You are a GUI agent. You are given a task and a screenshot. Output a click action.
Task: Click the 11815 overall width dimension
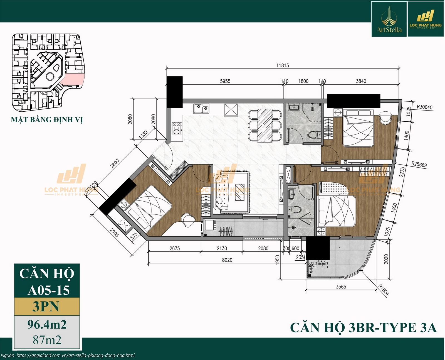[282, 65]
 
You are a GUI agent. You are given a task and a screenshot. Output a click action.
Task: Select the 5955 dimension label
[225, 81]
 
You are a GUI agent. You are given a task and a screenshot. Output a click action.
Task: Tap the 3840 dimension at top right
[361, 81]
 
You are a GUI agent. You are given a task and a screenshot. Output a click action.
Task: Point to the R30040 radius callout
[424, 107]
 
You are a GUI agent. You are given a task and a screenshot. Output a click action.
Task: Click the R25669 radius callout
[419, 165]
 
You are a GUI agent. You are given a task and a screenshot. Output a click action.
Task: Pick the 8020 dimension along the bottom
[227, 260]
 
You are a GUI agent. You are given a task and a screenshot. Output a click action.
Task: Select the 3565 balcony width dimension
[341, 287]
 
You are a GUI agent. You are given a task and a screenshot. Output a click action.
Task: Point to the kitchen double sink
[201, 109]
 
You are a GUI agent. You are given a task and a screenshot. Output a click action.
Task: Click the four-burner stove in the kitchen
[177, 128]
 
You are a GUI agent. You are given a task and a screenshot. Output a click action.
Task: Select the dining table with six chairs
[265, 125]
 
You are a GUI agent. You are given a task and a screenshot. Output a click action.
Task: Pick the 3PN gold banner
[47, 306]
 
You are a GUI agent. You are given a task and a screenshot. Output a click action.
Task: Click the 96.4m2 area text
[47, 325]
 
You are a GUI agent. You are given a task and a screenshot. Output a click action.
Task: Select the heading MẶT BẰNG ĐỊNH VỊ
[47, 120]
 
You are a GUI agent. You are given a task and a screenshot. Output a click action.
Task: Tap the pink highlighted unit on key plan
[73, 80]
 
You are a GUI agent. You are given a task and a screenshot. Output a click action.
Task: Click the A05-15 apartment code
[48, 290]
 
